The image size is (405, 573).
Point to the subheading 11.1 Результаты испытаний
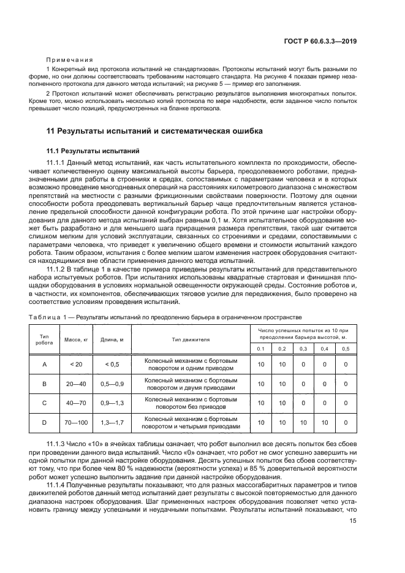[x=93, y=150]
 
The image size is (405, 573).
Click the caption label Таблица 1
[x=47, y=317]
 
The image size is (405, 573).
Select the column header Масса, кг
[x=77, y=339]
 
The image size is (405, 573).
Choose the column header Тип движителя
[x=191, y=339]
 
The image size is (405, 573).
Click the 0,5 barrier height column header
[x=346, y=348]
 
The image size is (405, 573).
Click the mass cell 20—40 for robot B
[x=77, y=384]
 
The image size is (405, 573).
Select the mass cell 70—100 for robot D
[x=77, y=423]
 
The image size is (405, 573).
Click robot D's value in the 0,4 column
[x=324, y=423]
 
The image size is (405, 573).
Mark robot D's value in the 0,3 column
[x=303, y=423]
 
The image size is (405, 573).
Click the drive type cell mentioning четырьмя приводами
[x=191, y=423]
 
